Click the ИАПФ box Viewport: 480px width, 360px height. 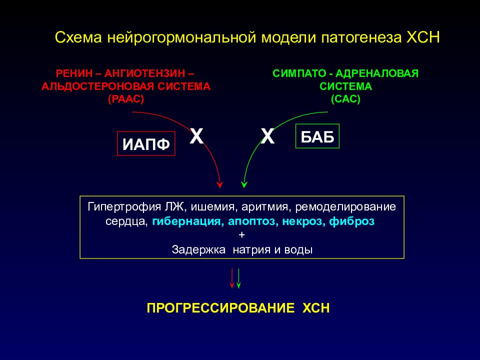point(146,143)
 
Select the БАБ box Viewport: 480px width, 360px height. point(317,135)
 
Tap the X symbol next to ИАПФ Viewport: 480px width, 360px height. point(196,135)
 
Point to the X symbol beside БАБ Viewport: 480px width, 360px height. point(268,135)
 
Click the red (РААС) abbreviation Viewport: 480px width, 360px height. point(125,98)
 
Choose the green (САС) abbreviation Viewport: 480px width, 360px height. point(345,98)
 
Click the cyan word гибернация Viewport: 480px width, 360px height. point(187,221)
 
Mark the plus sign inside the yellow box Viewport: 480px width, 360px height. point(242,235)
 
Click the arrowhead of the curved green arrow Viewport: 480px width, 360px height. point(243,184)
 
